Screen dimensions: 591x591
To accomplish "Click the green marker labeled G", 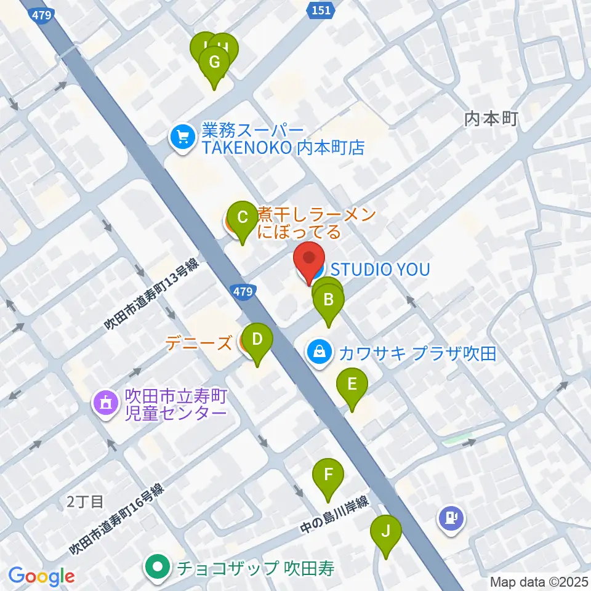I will click(x=214, y=62).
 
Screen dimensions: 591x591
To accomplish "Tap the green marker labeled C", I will click(x=242, y=217).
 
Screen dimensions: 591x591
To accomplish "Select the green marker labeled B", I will click(x=329, y=300).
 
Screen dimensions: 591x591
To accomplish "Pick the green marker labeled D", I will click(x=257, y=339).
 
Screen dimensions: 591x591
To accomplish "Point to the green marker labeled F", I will click(x=328, y=475).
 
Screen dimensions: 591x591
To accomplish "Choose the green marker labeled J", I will click(x=386, y=531).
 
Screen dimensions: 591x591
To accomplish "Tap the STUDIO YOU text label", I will click(x=380, y=269).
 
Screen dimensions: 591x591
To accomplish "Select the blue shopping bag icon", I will click(x=320, y=353).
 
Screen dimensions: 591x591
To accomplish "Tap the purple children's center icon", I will click(x=103, y=404).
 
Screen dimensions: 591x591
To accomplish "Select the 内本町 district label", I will click(x=491, y=118).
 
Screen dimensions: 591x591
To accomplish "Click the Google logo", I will click(x=42, y=576).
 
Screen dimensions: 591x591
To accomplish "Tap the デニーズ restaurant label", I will click(x=198, y=342).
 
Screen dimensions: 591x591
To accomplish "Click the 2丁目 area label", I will click(x=85, y=502).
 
